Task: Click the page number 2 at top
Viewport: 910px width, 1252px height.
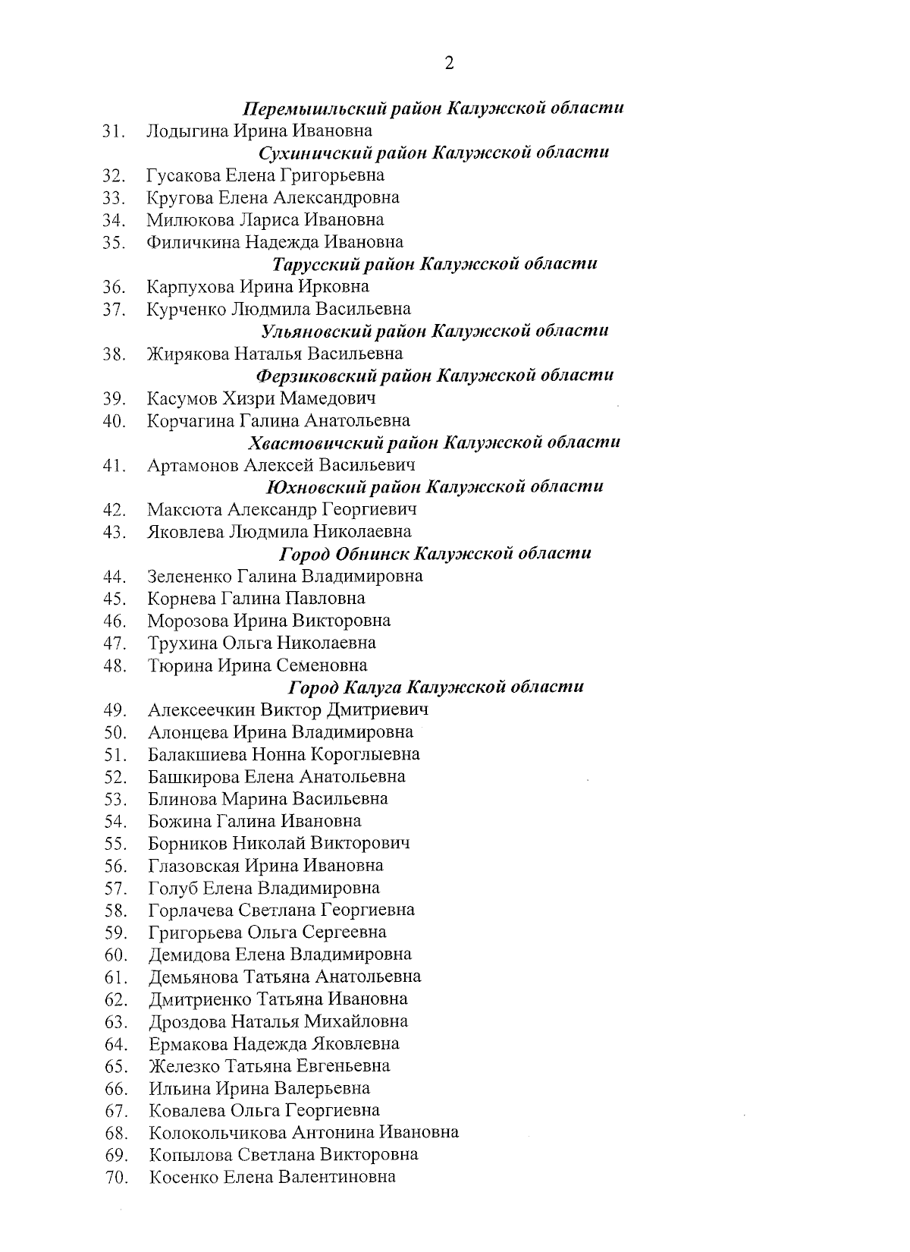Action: point(449,64)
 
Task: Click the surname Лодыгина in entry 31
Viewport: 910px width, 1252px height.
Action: point(187,131)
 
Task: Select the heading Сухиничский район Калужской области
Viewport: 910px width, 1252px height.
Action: point(434,153)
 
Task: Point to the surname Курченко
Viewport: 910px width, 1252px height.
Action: point(185,310)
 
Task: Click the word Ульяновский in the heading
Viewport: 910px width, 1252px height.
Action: point(308,331)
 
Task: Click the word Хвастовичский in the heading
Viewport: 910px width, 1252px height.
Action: point(305,442)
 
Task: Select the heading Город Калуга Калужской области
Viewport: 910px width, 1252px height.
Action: point(436,687)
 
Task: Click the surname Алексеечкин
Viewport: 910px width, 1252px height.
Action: point(201,710)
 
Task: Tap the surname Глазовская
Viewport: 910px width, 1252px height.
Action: point(193,866)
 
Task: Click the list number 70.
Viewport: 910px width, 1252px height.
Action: point(115,1178)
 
